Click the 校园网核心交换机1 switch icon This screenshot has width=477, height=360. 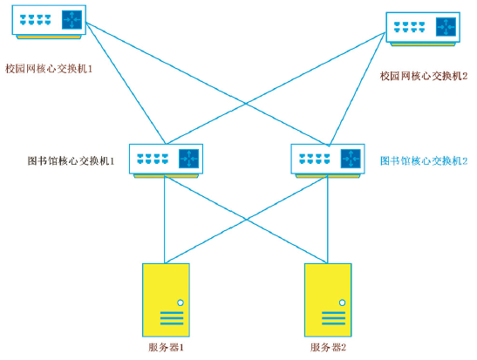(x=49, y=22)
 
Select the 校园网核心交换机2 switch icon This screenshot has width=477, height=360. (x=423, y=29)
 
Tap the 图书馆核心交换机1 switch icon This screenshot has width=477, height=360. (x=166, y=160)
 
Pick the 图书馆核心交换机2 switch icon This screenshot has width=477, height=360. (x=328, y=160)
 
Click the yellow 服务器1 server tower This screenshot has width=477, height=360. (x=166, y=300)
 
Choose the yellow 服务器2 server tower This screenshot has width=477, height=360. (x=328, y=300)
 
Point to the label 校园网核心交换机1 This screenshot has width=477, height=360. (x=49, y=69)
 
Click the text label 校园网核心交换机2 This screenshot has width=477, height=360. (x=424, y=76)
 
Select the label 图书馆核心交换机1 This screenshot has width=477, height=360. (x=71, y=161)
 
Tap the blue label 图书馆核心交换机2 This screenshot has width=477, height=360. (x=424, y=161)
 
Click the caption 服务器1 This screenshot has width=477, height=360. (x=166, y=347)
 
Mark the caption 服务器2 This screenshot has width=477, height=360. (x=328, y=347)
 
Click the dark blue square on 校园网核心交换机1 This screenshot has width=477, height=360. (x=72, y=20)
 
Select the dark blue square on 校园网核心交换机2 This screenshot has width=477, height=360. (x=446, y=27)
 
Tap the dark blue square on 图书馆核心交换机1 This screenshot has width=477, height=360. (x=188, y=159)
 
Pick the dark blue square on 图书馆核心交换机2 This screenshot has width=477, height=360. (x=351, y=159)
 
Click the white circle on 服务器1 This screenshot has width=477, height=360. (x=181, y=302)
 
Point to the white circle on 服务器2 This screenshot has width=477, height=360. (x=342, y=302)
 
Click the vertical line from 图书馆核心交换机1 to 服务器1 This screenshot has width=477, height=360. (x=165, y=221)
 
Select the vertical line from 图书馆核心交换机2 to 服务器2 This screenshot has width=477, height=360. (x=328, y=221)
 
